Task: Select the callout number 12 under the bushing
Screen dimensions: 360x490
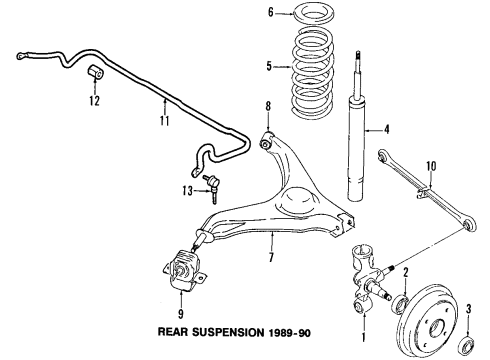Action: pos(93,99)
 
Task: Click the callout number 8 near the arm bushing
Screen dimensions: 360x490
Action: pos(267,106)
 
